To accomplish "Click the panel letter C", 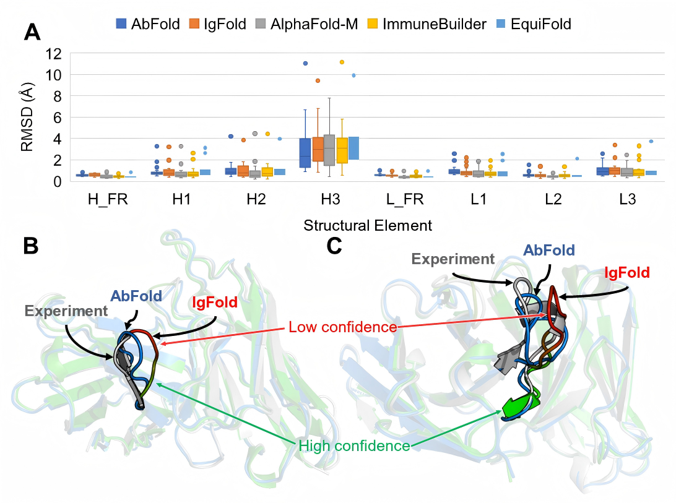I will tap(334, 246).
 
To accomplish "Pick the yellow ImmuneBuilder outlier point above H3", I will tap(341, 62).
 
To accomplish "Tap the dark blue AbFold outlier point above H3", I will tap(305, 63).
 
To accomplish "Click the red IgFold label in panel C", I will tap(628, 272).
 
